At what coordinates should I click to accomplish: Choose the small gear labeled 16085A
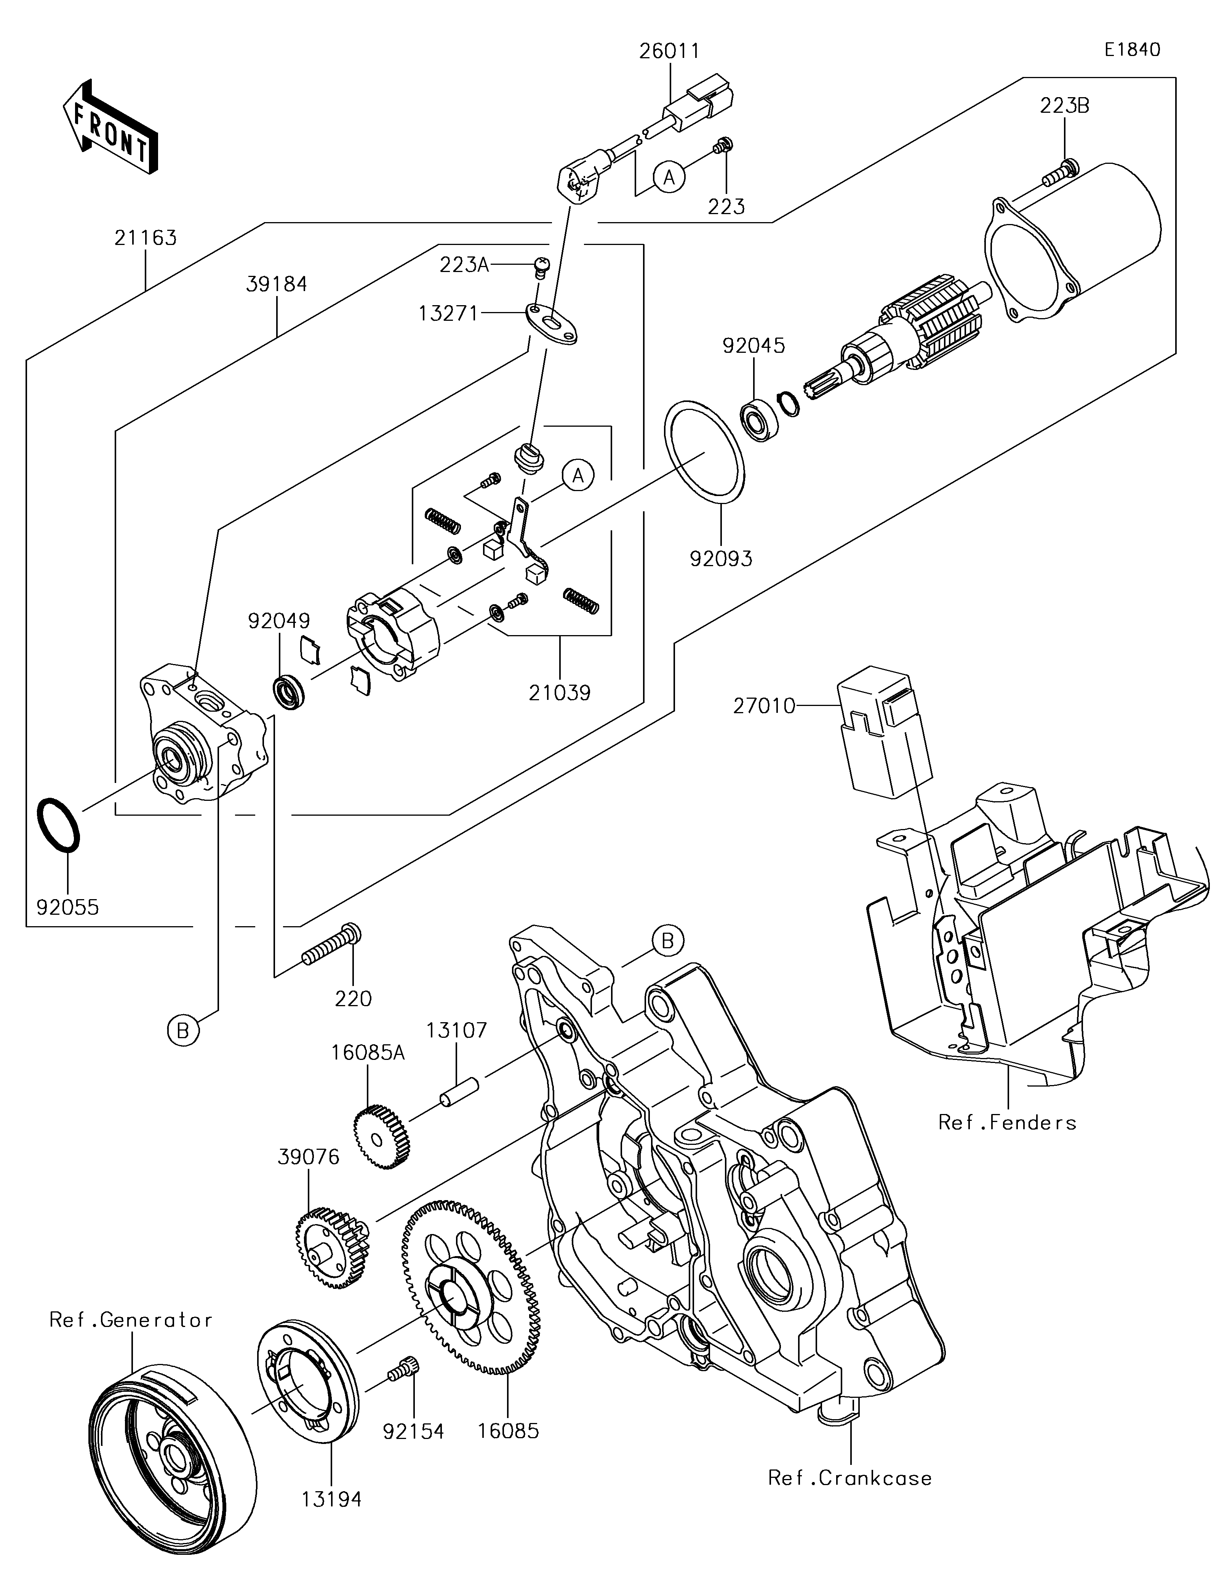[x=382, y=1137]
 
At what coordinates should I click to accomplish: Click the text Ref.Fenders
[x=1007, y=1122]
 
